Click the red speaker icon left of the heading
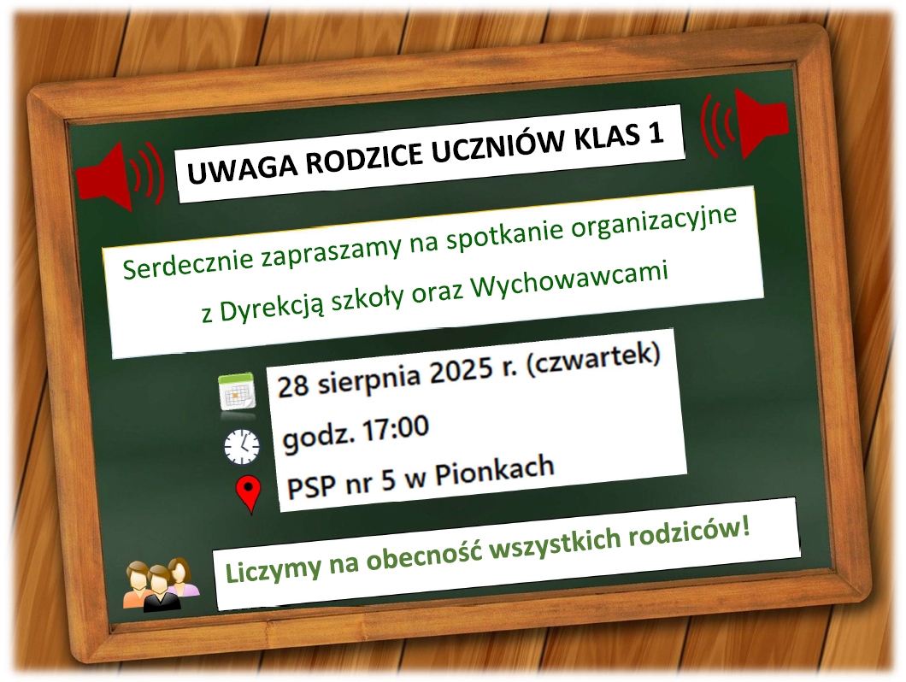[120, 176]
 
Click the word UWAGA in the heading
[242, 165]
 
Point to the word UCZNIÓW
[498, 144]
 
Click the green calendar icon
[237, 391]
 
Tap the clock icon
[242, 446]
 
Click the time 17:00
[395, 429]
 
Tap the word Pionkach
[495, 470]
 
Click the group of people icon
[162, 585]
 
